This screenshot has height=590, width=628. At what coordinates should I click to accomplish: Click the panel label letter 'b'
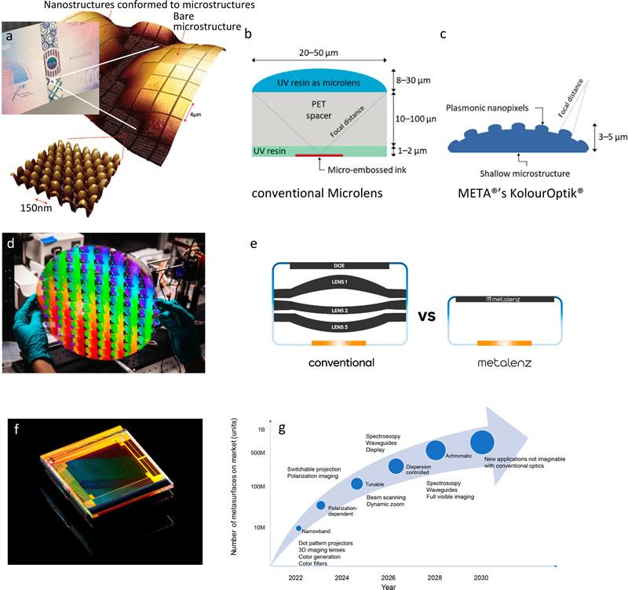(248, 34)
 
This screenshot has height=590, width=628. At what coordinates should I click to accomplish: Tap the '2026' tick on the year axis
(387, 577)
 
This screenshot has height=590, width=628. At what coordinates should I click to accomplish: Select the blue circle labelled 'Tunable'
(356, 483)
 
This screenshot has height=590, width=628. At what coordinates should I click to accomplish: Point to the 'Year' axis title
(389, 586)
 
